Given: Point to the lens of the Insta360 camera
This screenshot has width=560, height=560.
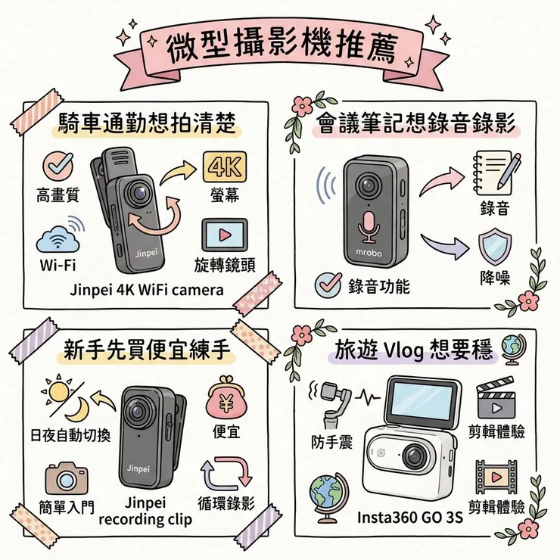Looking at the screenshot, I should tap(414, 456).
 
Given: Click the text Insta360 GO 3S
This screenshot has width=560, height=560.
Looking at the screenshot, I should tap(409, 518).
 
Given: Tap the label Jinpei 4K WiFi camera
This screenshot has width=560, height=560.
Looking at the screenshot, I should tap(146, 290).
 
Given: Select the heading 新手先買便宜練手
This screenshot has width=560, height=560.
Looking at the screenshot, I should tap(145, 350).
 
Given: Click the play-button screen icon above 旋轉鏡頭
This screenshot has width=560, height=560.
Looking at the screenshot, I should tap(225, 234).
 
